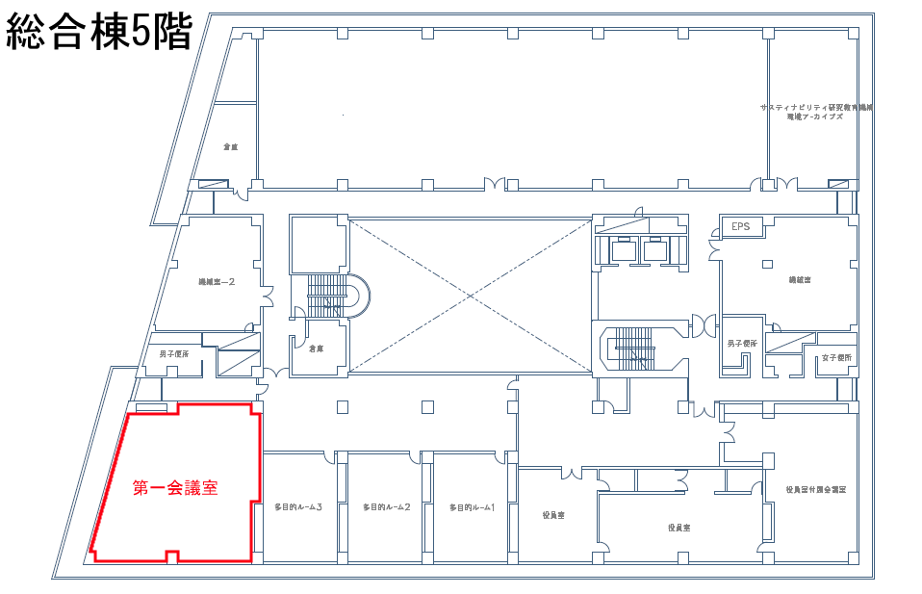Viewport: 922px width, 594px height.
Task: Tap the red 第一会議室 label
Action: pyautogui.click(x=175, y=488)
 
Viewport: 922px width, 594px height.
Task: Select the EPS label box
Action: pyautogui.click(x=740, y=227)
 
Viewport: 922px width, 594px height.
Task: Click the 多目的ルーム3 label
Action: pyautogui.click(x=297, y=507)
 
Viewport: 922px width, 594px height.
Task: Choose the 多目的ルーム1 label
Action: pyautogui.click(x=472, y=507)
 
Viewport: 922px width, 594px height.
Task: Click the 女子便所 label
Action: pyautogui.click(x=836, y=358)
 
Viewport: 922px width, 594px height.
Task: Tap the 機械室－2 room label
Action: pyautogui.click(x=217, y=282)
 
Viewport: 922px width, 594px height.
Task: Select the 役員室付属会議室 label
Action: pyautogui.click(x=815, y=490)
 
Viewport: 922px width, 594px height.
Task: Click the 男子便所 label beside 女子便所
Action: pyautogui.click(x=742, y=344)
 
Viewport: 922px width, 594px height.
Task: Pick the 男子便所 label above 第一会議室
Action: pyautogui.click(x=174, y=354)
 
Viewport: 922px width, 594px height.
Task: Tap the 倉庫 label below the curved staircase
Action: pyautogui.click(x=316, y=349)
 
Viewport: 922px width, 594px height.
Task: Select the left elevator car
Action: pyautogui.click(x=626, y=250)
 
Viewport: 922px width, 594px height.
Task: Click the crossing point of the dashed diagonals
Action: pyautogui.click(x=469, y=296)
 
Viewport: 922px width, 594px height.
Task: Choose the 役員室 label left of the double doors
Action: pyautogui.click(x=553, y=516)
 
